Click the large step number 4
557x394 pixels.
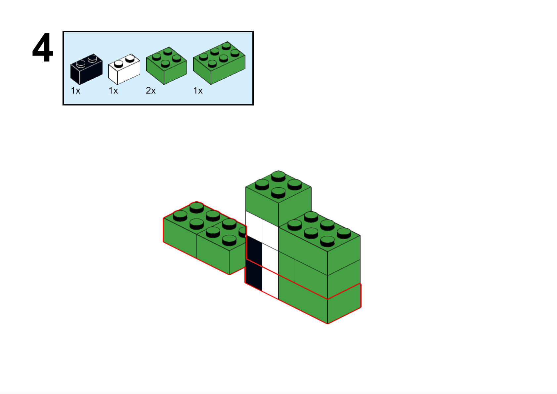43,48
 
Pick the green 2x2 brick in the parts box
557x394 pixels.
166,66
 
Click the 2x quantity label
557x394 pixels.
150,91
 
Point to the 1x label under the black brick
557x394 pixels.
75,91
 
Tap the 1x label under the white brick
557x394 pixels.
113,91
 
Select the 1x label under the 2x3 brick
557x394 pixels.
198,91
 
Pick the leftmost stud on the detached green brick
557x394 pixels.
180,216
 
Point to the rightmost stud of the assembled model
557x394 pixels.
344,233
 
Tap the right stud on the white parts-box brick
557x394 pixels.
130,59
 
